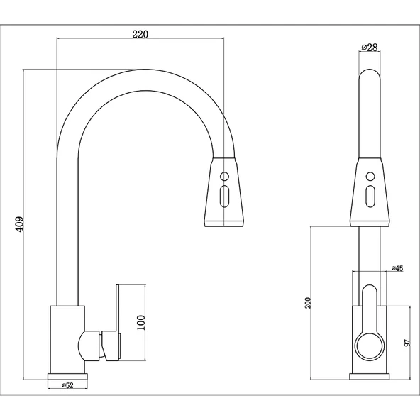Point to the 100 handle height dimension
(140, 323)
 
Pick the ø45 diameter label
(397, 269)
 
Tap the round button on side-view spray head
(224, 176)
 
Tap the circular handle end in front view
(369, 347)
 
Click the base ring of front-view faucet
(369, 376)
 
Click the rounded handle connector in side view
(89, 345)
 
